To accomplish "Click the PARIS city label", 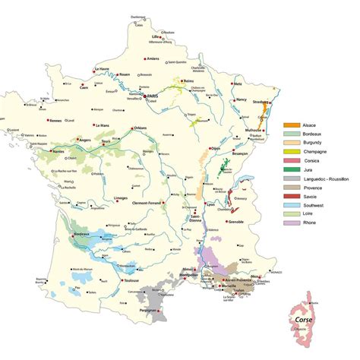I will pyautogui.click(x=155, y=96).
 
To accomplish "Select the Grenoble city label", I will pyautogui.click(x=237, y=222).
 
